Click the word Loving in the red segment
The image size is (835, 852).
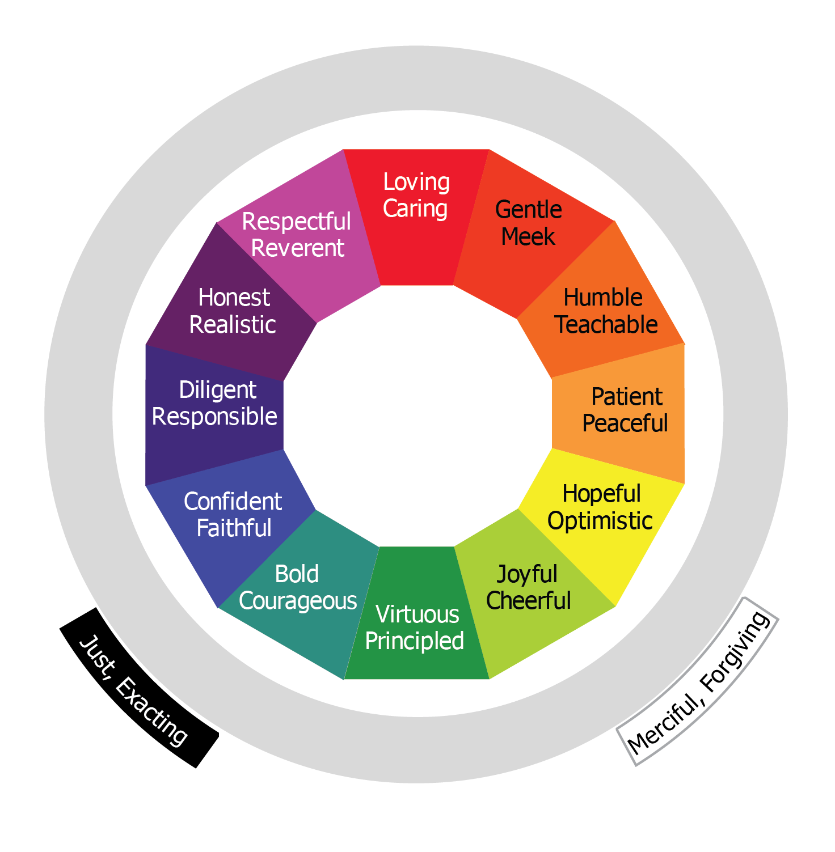click(416, 183)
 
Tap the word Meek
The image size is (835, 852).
click(528, 237)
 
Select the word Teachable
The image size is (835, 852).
click(606, 325)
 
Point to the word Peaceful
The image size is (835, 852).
click(625, 423)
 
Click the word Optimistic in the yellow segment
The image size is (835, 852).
click(600, 521)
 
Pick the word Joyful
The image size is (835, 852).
click(527, 575)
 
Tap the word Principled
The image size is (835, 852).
click(415, 641)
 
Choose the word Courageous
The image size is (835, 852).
click(298, 601)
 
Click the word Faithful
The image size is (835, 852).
click(234, 528)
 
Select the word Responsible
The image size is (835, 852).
click(214, 417)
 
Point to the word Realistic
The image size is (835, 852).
click(233, 325)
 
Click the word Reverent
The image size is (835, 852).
click(297, 248)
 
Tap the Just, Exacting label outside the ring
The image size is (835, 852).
click(134, 690)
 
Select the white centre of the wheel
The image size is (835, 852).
click(417, 416)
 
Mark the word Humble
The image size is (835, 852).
click(603, 298)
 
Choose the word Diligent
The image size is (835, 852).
click(218, 390)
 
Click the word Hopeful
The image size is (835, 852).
click(601, 494)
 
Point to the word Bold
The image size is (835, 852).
click(297, 574)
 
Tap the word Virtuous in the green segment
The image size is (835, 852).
click(417, 614)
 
